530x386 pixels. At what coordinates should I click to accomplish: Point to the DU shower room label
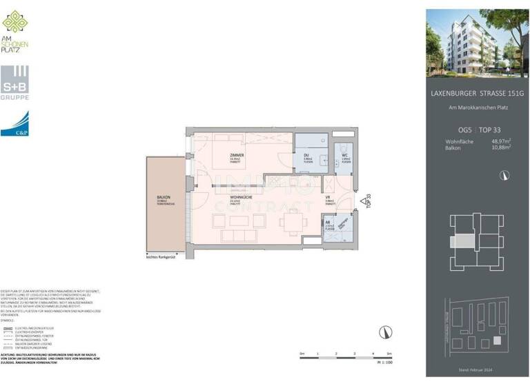point(306,156)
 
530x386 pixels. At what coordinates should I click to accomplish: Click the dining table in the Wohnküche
point(294,221)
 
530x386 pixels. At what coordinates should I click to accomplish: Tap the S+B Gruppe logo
point(15,82)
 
